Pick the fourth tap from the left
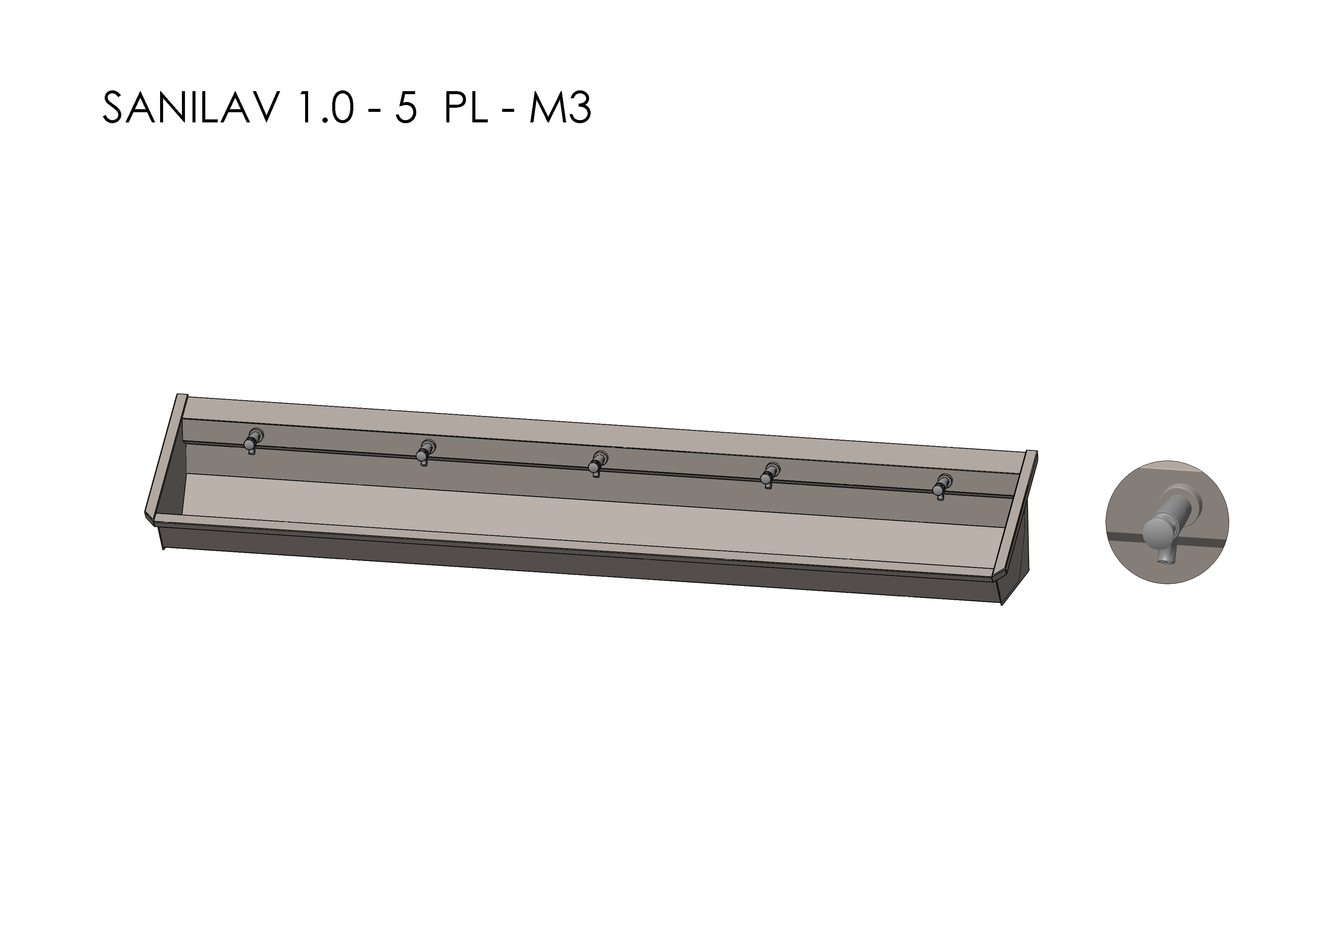pos(768,475)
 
